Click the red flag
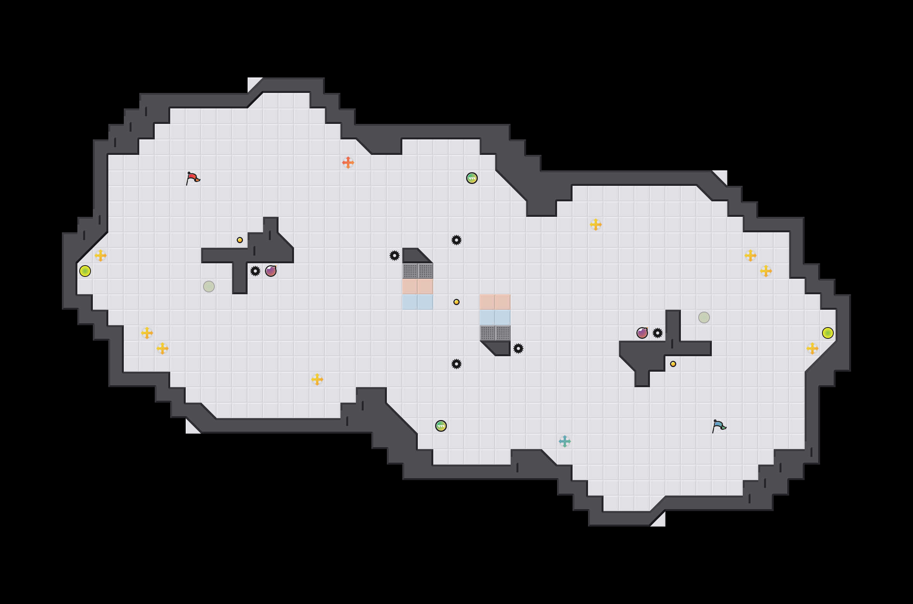pos(193,178)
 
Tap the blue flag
pos(719,426)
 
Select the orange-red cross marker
pos(348,163)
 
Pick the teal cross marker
pos(565,441)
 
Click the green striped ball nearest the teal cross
pos(441,426)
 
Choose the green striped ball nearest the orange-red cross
pos(472,178)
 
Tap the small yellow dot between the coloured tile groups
pos(456,302)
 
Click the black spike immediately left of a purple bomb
pos(255,271)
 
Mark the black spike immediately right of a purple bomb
pos(658,333)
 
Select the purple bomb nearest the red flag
pos(271,271)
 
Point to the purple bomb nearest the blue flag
pos(642,333)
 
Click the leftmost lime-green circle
pos(85,271)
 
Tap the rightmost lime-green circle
pos(828,333)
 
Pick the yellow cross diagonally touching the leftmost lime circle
pos(101,256)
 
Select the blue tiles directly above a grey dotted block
pos(495,317)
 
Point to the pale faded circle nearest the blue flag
pos(704,317)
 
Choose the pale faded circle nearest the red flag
pos(209,287)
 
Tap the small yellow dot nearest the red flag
pos(240,240)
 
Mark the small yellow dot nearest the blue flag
pos(673,364)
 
